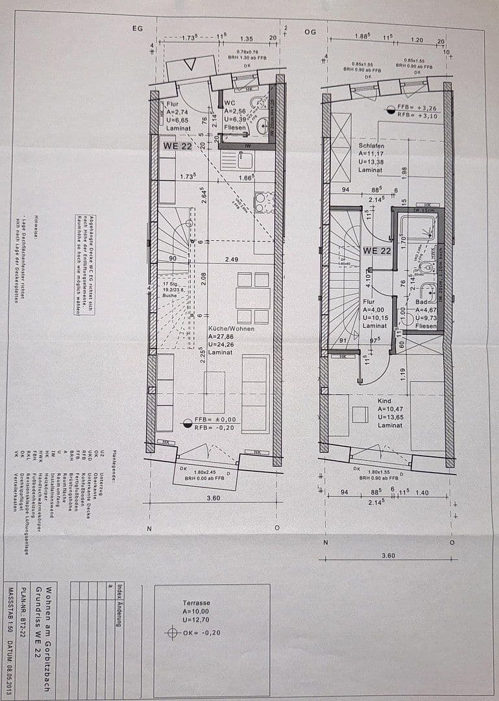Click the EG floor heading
[136, 29]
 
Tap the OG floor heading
[310, 32]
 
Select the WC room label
[228, 103]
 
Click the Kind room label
[366, 401]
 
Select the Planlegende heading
[114, 463]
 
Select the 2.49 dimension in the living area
[232, 260]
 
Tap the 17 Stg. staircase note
[169, 283]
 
